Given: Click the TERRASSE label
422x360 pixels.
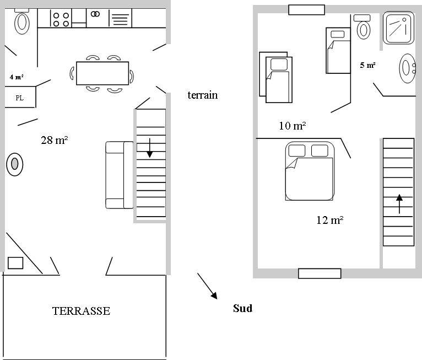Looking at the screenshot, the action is pos(81,311).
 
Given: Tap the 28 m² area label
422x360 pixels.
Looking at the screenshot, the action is pos(54,140).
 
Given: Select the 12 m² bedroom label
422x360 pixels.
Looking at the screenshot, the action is pos(329,220).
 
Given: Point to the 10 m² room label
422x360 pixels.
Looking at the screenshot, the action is pos(293,126).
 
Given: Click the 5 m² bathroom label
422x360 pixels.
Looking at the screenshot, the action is pos(367,65).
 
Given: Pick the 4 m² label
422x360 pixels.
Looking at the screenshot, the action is pos(17,77).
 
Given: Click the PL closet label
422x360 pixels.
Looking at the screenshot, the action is pos(19,98).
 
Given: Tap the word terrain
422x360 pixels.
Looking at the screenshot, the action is pos(203,95).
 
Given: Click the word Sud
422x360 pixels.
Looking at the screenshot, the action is pos(243,308).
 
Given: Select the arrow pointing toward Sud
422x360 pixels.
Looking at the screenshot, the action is pos(207,286).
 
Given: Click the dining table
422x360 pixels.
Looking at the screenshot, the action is pos(102,73).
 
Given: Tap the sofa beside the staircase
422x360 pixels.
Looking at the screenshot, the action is pos(120,175).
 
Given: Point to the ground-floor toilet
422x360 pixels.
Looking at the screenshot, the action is pos(22,22).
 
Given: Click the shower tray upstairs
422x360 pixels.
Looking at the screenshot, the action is pos(398,28).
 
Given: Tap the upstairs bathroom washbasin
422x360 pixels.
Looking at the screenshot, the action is pos(408,68).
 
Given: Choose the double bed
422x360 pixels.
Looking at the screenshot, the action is pos(310,171).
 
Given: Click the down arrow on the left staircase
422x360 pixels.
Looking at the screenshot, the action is pos(150,148).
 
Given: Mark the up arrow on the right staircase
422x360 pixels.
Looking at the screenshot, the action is pos(399,204).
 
